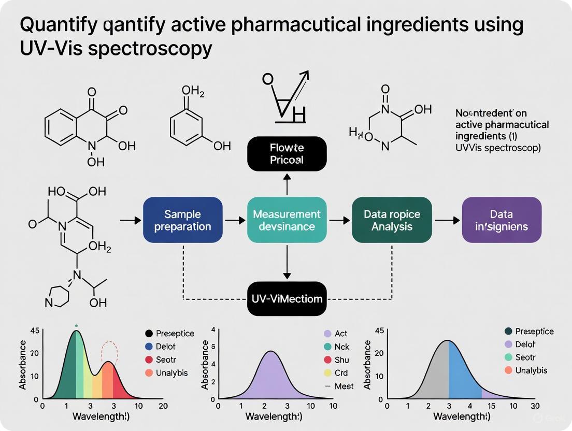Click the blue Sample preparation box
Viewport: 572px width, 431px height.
click(182, 220)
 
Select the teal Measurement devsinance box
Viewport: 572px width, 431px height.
click(287, 220)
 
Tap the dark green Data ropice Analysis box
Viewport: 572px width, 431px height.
click(392, 220)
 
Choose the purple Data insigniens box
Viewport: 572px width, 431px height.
click(502, 220)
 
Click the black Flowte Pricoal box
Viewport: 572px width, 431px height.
click(287, 154)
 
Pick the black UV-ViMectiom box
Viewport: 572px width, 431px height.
click(287, 298)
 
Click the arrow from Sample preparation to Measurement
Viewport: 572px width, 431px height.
click(235, 220)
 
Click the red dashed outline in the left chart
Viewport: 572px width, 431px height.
click(109, 352)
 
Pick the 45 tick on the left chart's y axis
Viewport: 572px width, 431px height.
click(35, 331)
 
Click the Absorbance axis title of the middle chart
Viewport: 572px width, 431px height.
click(206, 365)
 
